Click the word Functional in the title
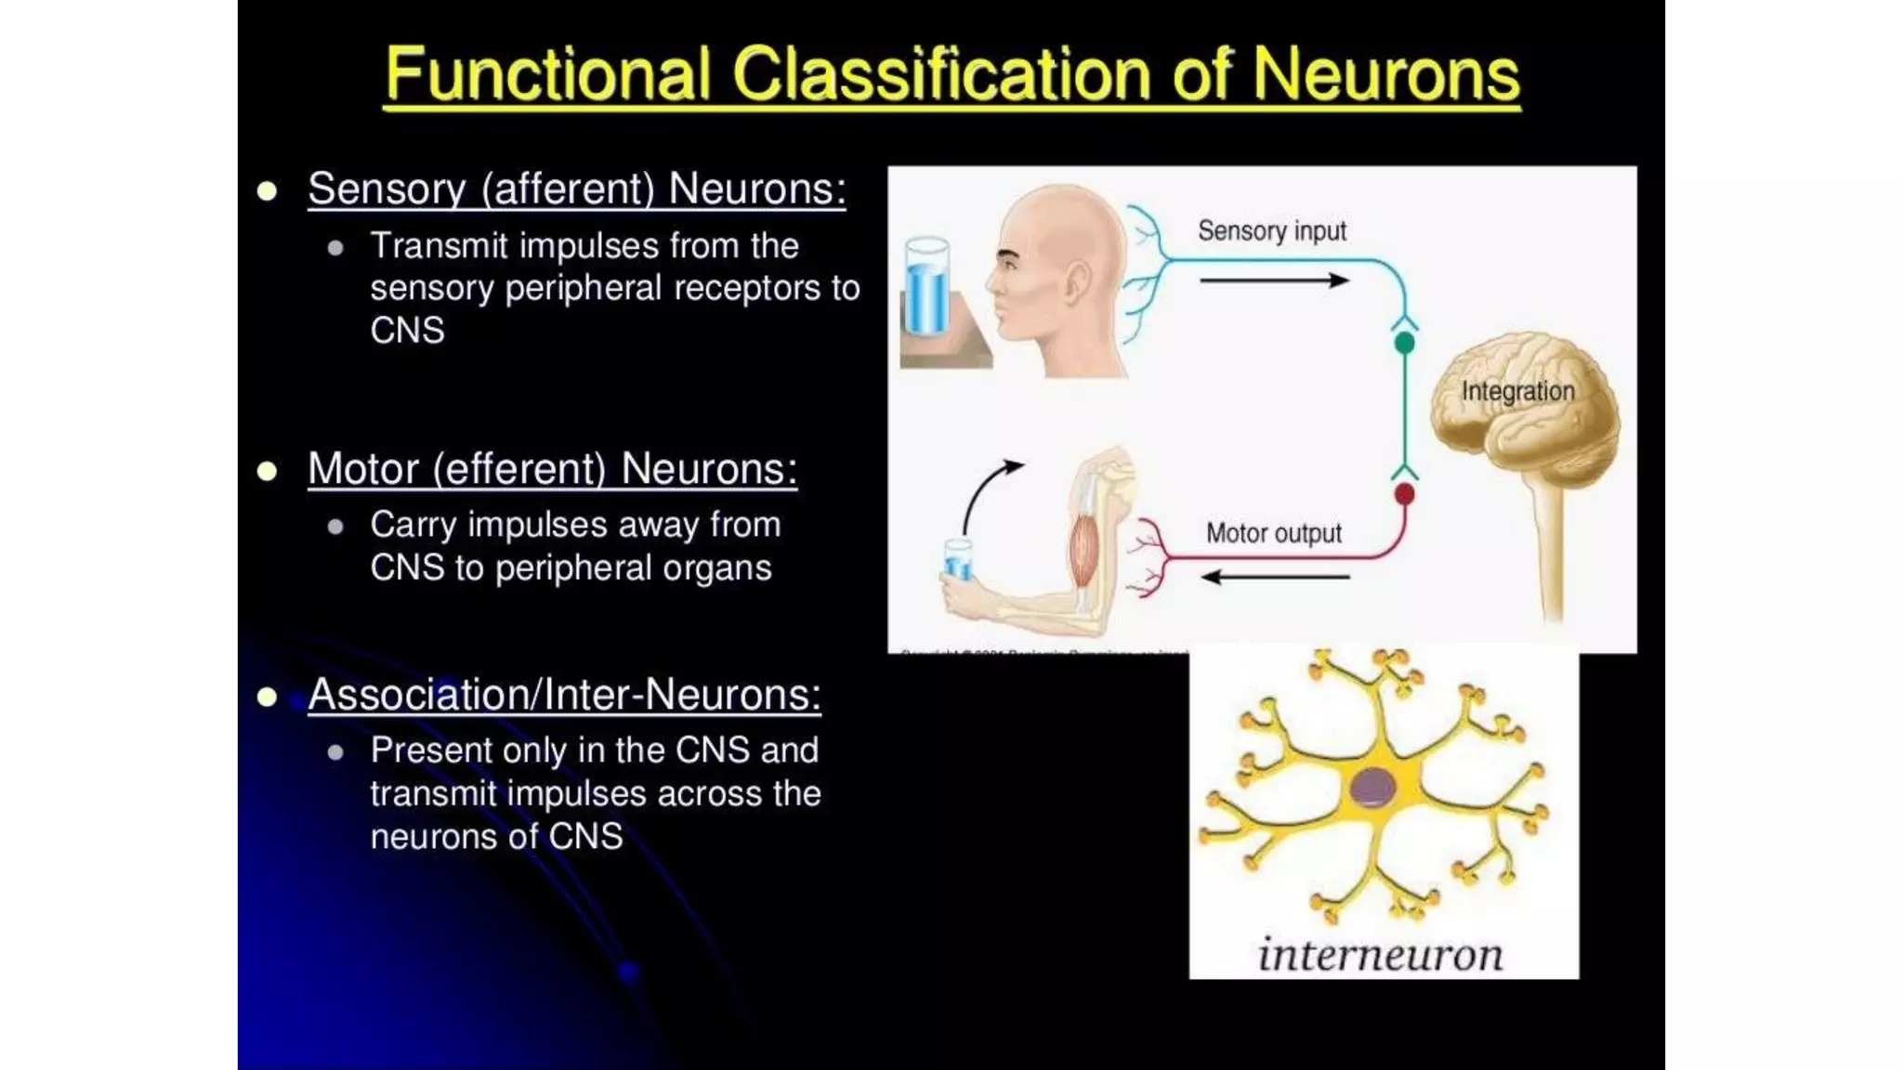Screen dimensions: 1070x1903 [x=548, y=74]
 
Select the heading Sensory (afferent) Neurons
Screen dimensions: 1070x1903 [x=576, y=189]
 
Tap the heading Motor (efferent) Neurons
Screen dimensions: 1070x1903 [x=552, y=469]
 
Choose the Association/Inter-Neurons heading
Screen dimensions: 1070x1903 [x=564, y=695]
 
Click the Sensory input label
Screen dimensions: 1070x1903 [x=1271, y=230]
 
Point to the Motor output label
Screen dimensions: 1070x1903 [x=1273, y=533]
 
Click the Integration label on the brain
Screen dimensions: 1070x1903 [x=1517, y=391]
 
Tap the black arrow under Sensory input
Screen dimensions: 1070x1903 [x=1273, y=280]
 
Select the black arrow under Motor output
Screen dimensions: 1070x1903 [x=1275, y=577]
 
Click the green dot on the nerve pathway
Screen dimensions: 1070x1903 [x=1404, y=343]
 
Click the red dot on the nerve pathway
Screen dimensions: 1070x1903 [x=1404, y=493]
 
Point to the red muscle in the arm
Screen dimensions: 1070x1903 [x=1083, y=554]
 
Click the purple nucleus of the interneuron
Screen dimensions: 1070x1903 [x=1372, y=788]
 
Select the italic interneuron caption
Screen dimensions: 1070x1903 [x=1380, y=954]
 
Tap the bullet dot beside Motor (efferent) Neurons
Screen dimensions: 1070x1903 [x=268, y=471]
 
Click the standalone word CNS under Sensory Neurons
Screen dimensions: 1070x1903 [x=407, y=331]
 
